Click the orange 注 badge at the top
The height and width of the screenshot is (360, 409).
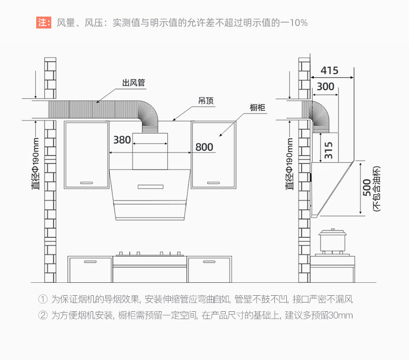43,23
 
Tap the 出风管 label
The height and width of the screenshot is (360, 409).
134,82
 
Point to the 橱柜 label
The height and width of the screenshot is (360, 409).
257,108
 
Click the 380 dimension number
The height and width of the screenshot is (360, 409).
122,139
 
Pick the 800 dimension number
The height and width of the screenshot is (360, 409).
204,147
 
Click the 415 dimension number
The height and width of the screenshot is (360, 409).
329,70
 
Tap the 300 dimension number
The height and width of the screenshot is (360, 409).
325,87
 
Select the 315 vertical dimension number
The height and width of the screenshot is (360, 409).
328,150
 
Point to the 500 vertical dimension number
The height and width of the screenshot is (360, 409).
367,188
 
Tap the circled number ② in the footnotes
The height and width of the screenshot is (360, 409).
43,315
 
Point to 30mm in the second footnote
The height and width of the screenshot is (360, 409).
342,315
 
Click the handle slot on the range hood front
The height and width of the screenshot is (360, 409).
148,186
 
